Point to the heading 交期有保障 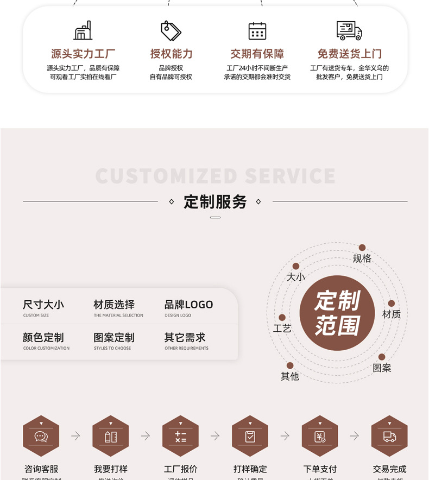point(257,54)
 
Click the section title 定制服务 point(215,202)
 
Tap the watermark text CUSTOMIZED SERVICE point(215,176)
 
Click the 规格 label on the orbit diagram point(362,258)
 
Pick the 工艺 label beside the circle point(282,329)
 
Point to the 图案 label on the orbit point(382,368)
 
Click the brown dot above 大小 point(296,266)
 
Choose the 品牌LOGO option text point(188,305)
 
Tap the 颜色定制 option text point(43,337)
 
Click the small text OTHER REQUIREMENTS point(186,349)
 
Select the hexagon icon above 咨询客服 point(41,436)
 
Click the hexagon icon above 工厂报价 point(181,436)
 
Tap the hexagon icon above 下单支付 point(320,436)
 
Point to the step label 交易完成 point(389,469)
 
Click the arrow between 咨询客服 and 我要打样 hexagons point(76,436)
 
